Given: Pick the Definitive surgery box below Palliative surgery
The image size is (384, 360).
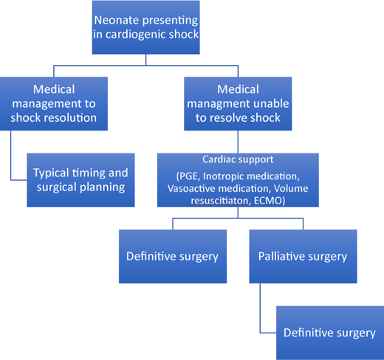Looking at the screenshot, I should pos(329,333).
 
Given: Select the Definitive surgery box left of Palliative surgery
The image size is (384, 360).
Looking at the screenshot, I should pos(172,257).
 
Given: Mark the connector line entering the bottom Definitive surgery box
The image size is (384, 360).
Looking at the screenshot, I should pos(270,333).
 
